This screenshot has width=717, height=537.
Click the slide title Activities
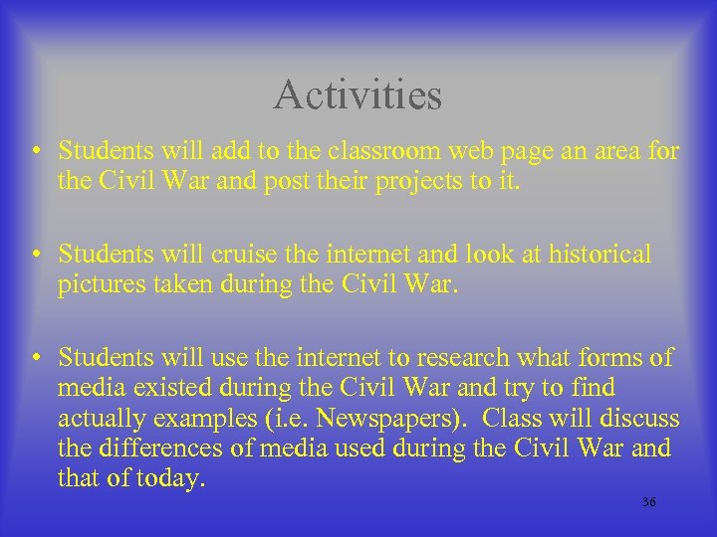pos(358,95)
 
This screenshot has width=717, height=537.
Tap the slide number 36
pos(648,502)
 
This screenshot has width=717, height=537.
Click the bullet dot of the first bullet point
pos(36,152)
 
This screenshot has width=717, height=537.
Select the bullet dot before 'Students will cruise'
pos(36,256)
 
